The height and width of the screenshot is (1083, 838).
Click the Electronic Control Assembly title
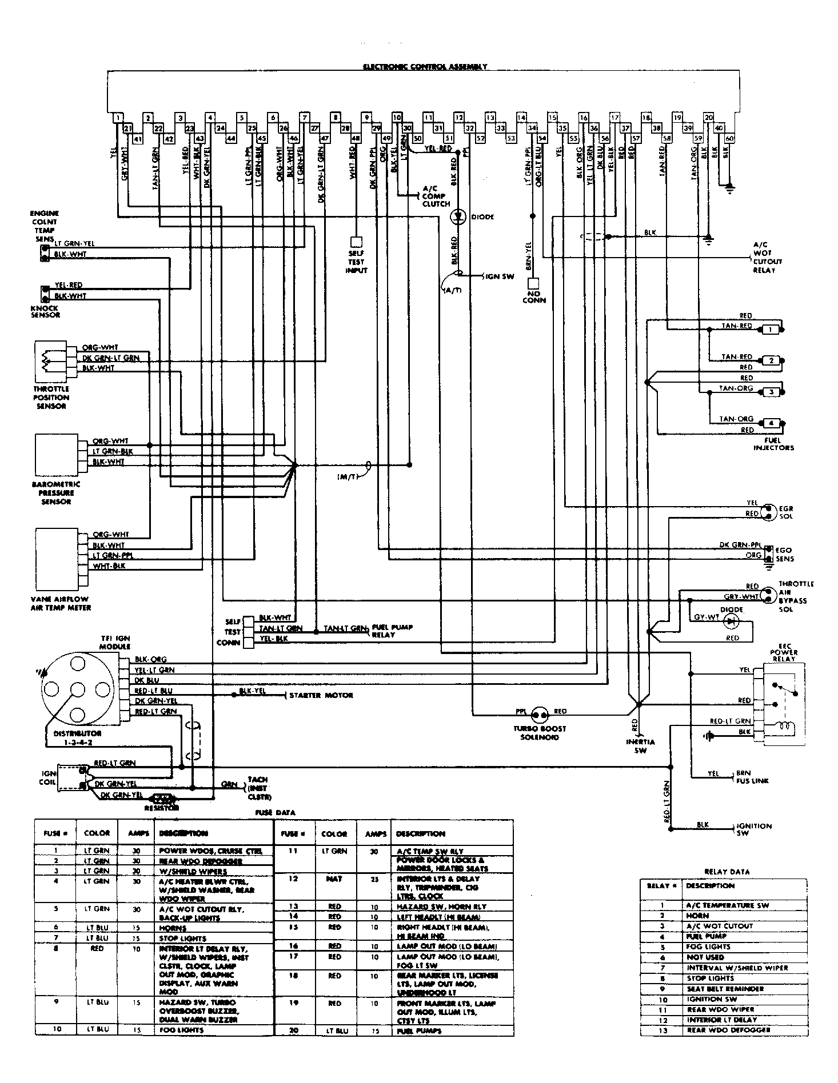425,67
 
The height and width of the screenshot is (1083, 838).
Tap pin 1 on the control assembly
117,118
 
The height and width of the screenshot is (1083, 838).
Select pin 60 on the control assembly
729,138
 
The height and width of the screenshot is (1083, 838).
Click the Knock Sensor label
46,311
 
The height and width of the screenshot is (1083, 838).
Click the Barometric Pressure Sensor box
55,455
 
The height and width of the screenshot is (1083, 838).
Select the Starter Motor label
321,695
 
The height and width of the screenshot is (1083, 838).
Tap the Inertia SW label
640,746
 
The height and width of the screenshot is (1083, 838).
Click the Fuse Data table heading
274,812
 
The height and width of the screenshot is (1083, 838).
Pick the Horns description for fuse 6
173,928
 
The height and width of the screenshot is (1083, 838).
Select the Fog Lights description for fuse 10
181,1030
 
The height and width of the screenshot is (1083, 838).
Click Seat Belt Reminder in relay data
725,989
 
